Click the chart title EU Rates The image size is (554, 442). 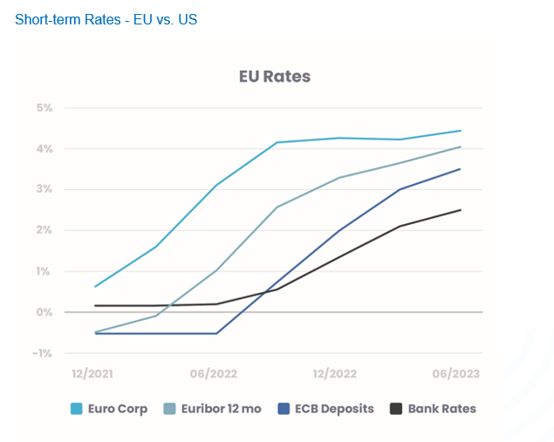[x=275, y=77]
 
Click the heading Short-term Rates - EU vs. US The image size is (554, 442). [x=106, y=19]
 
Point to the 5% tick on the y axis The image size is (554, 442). [x=44, y=108]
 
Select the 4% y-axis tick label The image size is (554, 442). [x=44, y=149]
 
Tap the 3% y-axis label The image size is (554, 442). [x=44, y=189]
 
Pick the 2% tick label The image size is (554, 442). [x=44, y=230]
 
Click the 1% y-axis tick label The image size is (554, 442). [x=44, y=271]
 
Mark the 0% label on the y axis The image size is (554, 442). [x=44, y=312]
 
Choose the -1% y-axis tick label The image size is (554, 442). [x=42, y=353]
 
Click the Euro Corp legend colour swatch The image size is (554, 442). [x=77, y=408]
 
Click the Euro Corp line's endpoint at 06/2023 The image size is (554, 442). [x=461, y=131]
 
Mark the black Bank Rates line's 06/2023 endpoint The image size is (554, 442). [x=461, y=210]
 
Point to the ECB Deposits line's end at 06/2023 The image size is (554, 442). [x=461, y=169]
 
